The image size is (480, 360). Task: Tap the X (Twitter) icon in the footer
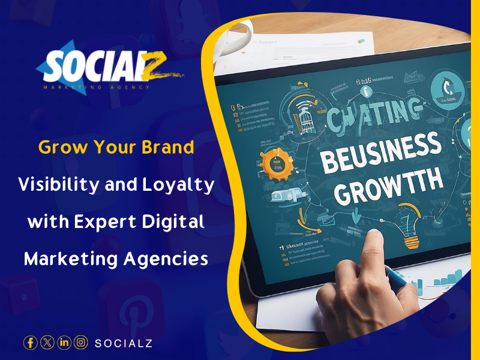click(47, 343)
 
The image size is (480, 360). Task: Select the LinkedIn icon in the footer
click(64, 343)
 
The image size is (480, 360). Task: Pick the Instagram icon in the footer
click(81, 343)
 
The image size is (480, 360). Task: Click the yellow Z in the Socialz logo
click(155, 70)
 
